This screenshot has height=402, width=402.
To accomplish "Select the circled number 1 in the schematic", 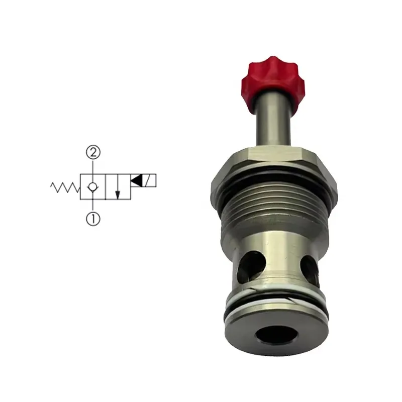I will (92, 219).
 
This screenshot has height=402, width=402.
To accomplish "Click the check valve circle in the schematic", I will (92, 187).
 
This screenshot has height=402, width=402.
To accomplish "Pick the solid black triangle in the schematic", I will (136, 180).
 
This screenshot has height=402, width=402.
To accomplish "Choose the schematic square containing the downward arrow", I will (117, 187).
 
